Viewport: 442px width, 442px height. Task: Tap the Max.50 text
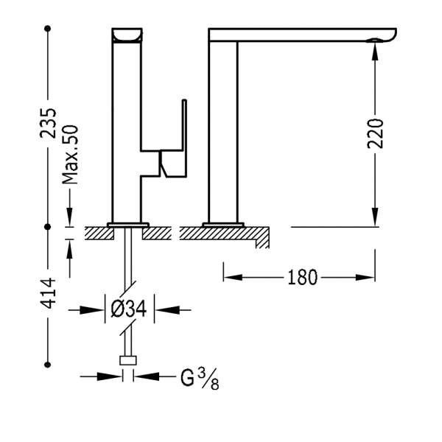(71, 155)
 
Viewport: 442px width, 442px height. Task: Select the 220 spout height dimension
(376, 133)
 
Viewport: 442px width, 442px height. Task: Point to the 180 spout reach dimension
(302, 278)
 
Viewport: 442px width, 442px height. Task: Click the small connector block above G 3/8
(129, 361)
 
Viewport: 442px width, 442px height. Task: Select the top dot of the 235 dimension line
(49, 29)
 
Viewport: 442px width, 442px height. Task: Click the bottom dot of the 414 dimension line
(49, 362)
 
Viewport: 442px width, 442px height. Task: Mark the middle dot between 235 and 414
(49, 224)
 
